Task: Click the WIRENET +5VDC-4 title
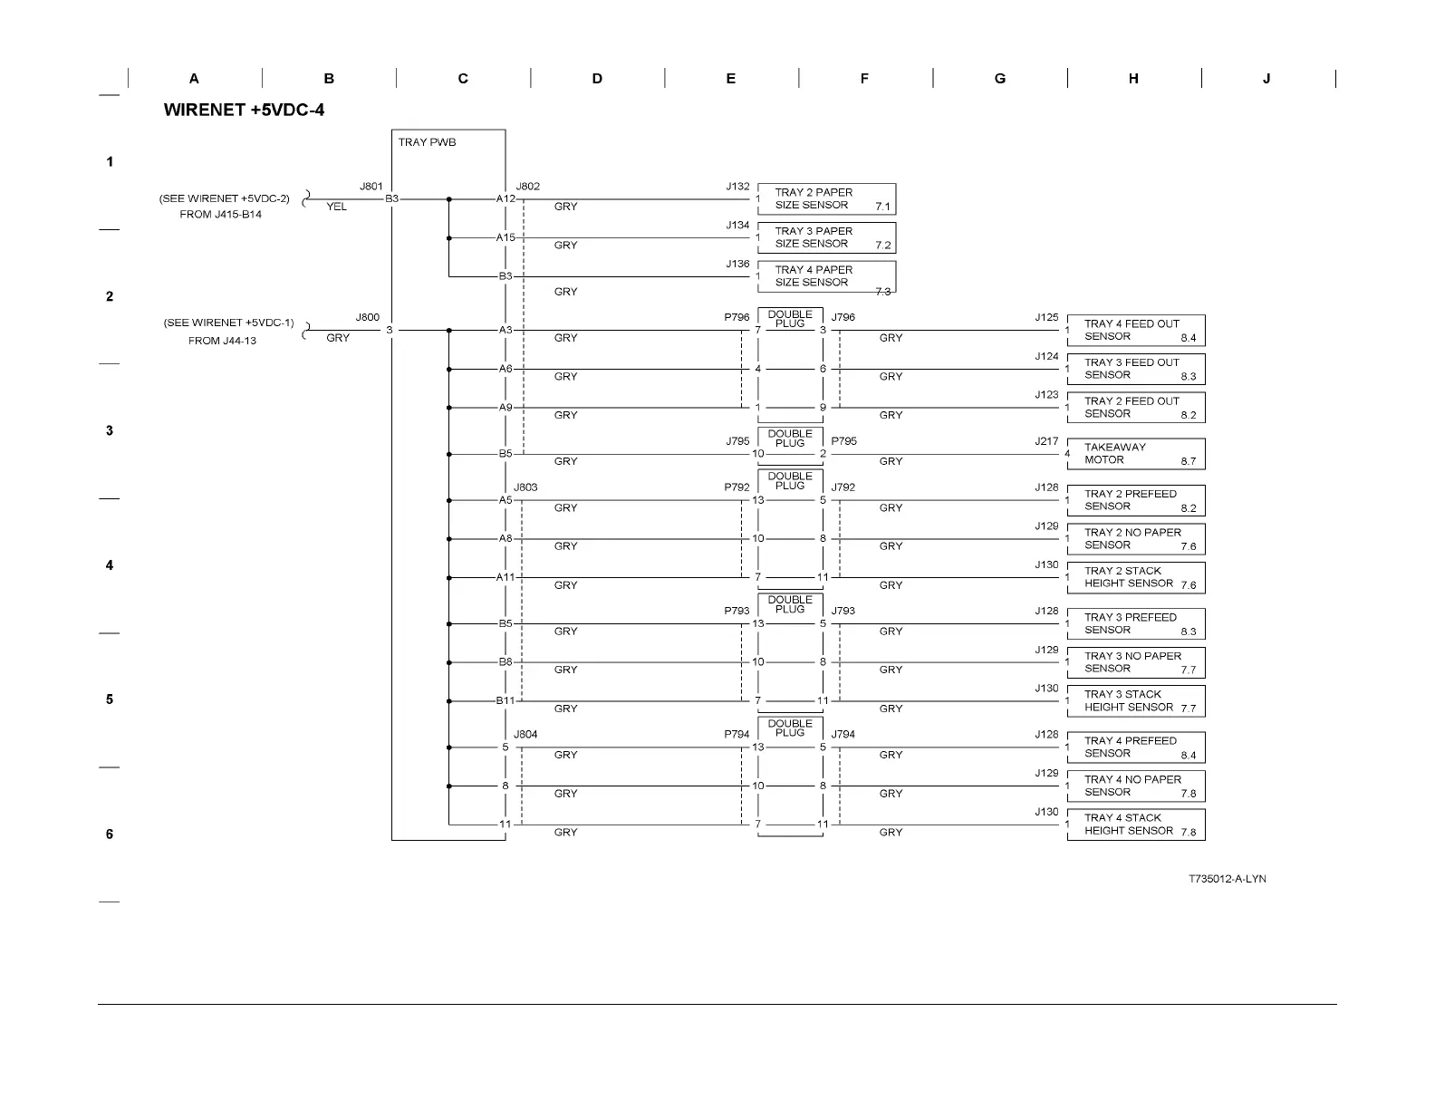244,111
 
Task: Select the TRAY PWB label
427,142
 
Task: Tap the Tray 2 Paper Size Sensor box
826,199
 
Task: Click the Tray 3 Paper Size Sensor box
826,238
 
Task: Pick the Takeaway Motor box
1136,454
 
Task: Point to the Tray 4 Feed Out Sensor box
1136,331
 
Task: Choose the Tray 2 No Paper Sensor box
1136,539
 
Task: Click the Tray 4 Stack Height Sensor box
1136,825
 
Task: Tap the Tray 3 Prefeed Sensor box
1136,624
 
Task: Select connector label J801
371,187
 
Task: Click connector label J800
367,318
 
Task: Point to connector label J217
1046,441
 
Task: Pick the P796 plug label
737,318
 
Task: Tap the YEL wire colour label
336,207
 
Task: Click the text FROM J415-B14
220,215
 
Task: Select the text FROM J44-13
222,341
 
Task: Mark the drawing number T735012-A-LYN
1228,879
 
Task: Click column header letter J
1266,79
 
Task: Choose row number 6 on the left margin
110,834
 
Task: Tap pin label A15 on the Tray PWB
505,238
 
